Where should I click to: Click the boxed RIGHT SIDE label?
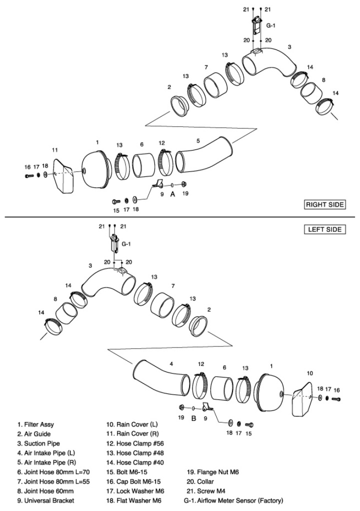pos(325,204)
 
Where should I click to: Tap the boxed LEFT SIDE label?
pos(325,229)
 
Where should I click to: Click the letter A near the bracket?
pos(172,194)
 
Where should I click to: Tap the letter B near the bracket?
pos(193,419)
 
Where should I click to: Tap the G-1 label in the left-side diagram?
pos(126,244)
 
